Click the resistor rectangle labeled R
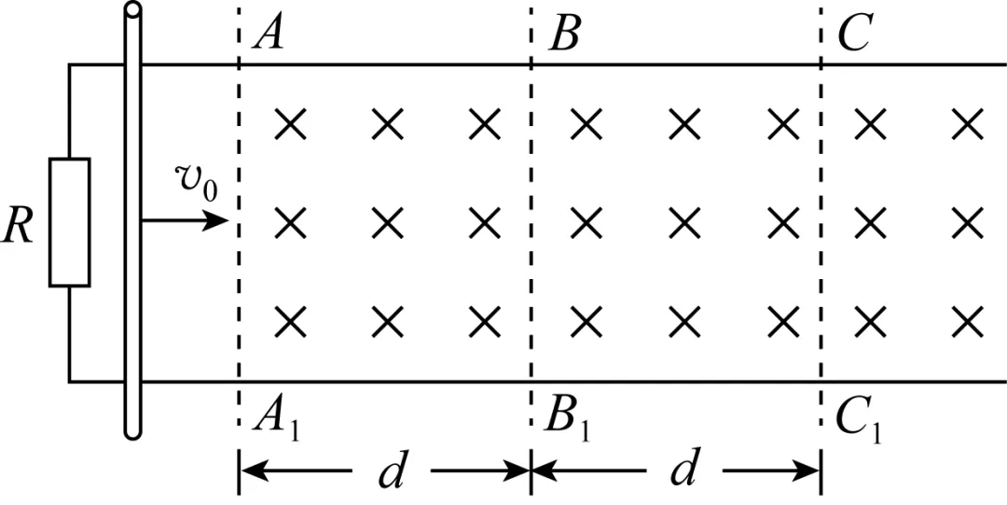click(x=70, y=222)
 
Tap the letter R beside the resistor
click(x=18, y=227)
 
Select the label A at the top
click(x=268, y=35)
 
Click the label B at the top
click(x=564, y=35)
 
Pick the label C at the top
click(x=853, y=35)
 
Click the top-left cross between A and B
click(x=290, y=123)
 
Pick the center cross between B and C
click(x=684, y=222)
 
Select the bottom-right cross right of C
click(x=968, y=321)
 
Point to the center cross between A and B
click(x=387, y=222)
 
